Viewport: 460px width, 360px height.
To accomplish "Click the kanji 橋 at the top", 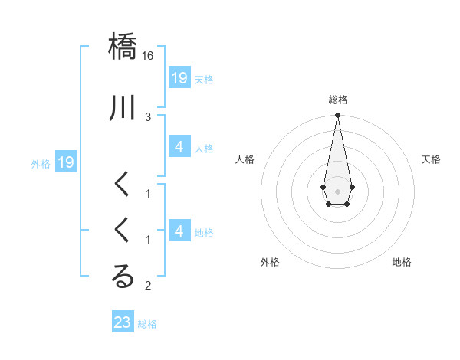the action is pyautogui.click(x=123, y=46).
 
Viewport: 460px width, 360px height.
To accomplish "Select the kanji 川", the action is pyautogui.click(x=123, y=108).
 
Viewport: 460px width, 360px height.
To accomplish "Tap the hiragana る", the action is pyautogui.click(x=123, y=277).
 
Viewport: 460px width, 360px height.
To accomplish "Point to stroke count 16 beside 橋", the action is pyautogui.click(x=148, y=56).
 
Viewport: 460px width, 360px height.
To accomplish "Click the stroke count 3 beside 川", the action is pyautogui.click(x=148, y=116).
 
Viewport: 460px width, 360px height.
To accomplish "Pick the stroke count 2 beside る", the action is pyautogui.click(x=148, y=286).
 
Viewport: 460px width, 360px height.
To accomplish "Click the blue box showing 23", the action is pyautogui.click(x=123, y=322).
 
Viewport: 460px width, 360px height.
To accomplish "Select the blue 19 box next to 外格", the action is pyautogui.click(x=65, y=162).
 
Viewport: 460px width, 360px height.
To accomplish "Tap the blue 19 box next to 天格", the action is pyautogui.click(x=179, y=77).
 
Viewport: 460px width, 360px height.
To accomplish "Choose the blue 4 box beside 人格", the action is pyautogui.click(x=179, y=147).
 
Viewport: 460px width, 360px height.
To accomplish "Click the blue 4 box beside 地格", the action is pyautogui.click(x=179, y=231).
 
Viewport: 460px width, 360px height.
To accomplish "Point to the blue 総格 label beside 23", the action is pyautogui.click(x=147, y=324).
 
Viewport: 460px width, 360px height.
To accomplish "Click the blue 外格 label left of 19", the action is pyautogui.click(x=41, y=163).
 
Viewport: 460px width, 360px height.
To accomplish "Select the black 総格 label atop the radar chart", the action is pyautogui.click(x=337, y=100).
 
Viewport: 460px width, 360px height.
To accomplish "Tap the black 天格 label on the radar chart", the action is pyautogui.click(x=431, y=159).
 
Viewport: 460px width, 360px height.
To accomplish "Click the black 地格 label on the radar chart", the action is pyautogui.click(x=402, y=263).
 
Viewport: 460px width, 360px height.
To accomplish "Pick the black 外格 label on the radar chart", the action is pyautogui.click(x=270, y=263).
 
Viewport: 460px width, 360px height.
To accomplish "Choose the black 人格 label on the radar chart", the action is pyautogui.click(x=245, y=159).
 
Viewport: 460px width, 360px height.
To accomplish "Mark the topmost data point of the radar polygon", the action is pyautogui.click(x=337, y=116).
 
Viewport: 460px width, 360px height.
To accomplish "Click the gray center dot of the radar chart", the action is pyautogui.click(x=337, y=191).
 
